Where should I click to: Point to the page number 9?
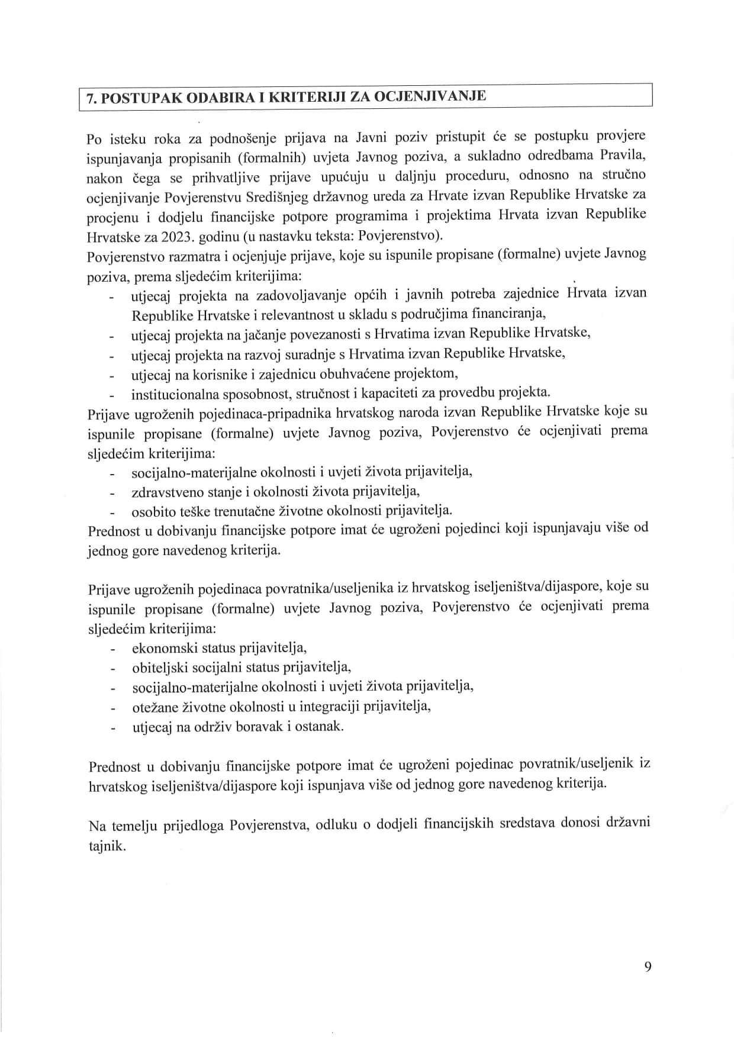point(648,967)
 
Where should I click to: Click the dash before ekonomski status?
point(111,649)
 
